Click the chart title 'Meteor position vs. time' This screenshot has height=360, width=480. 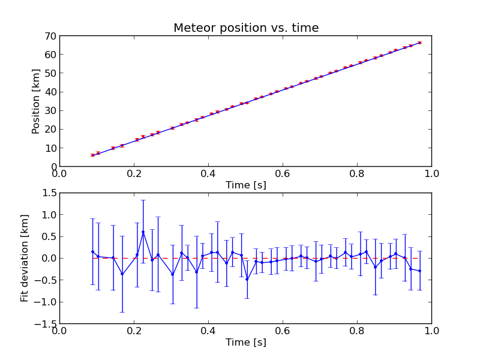point(246,28)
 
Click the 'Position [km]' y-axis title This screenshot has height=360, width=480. point(36,101)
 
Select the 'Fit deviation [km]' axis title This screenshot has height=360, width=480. point(25,258)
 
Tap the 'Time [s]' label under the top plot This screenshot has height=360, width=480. point(245,185)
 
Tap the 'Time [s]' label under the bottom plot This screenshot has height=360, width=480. point(245,343)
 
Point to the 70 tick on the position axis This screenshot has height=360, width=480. point(50,36)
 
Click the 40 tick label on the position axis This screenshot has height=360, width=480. point(50,92)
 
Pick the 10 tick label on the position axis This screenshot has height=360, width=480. point(50,148)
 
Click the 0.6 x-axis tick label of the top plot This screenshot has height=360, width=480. point(283,174)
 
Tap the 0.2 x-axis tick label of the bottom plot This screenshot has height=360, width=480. point(134,331)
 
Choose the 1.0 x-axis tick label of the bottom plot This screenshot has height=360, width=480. point(431,331)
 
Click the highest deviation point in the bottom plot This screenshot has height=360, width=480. point(143,232)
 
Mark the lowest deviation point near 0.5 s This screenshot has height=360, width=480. point(247,279)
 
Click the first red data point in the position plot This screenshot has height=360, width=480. point(92,155)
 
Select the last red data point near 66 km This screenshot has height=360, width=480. point(419,43)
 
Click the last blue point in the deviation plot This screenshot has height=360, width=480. point(419,271)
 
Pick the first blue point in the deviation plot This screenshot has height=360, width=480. point(92,251)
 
